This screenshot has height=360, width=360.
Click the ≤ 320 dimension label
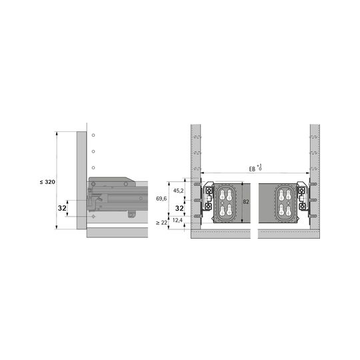point(47,182)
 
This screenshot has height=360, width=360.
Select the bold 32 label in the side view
point(62,208)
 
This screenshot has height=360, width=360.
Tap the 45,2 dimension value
point(179,190)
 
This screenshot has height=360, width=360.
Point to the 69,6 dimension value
point(161,199)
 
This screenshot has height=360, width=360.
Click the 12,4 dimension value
point(177,220)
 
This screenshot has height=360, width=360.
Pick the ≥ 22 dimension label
point(161,223)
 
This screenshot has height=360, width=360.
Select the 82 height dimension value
point(246,202)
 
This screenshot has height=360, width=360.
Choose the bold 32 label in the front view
point(179,208)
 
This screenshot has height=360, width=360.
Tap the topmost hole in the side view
point(93,135)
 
